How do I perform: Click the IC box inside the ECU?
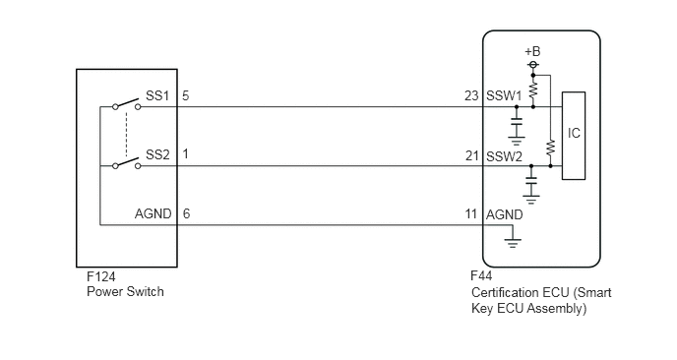574,136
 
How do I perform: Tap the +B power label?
532,52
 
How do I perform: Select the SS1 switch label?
157,95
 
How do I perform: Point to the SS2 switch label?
157,154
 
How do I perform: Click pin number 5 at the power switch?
186,95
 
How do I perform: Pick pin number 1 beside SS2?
186,154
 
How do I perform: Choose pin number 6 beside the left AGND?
186,213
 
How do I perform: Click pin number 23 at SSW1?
471,95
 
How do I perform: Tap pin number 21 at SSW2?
472,155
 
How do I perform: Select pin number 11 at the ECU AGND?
471,213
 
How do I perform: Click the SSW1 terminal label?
504,95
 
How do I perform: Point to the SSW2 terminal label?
504,156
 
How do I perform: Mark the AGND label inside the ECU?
504,214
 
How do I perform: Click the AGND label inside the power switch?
153,213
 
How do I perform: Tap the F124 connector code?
101,276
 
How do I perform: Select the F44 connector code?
481,275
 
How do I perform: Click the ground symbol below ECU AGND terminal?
513,244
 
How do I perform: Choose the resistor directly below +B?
533,90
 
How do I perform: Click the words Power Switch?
125,292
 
